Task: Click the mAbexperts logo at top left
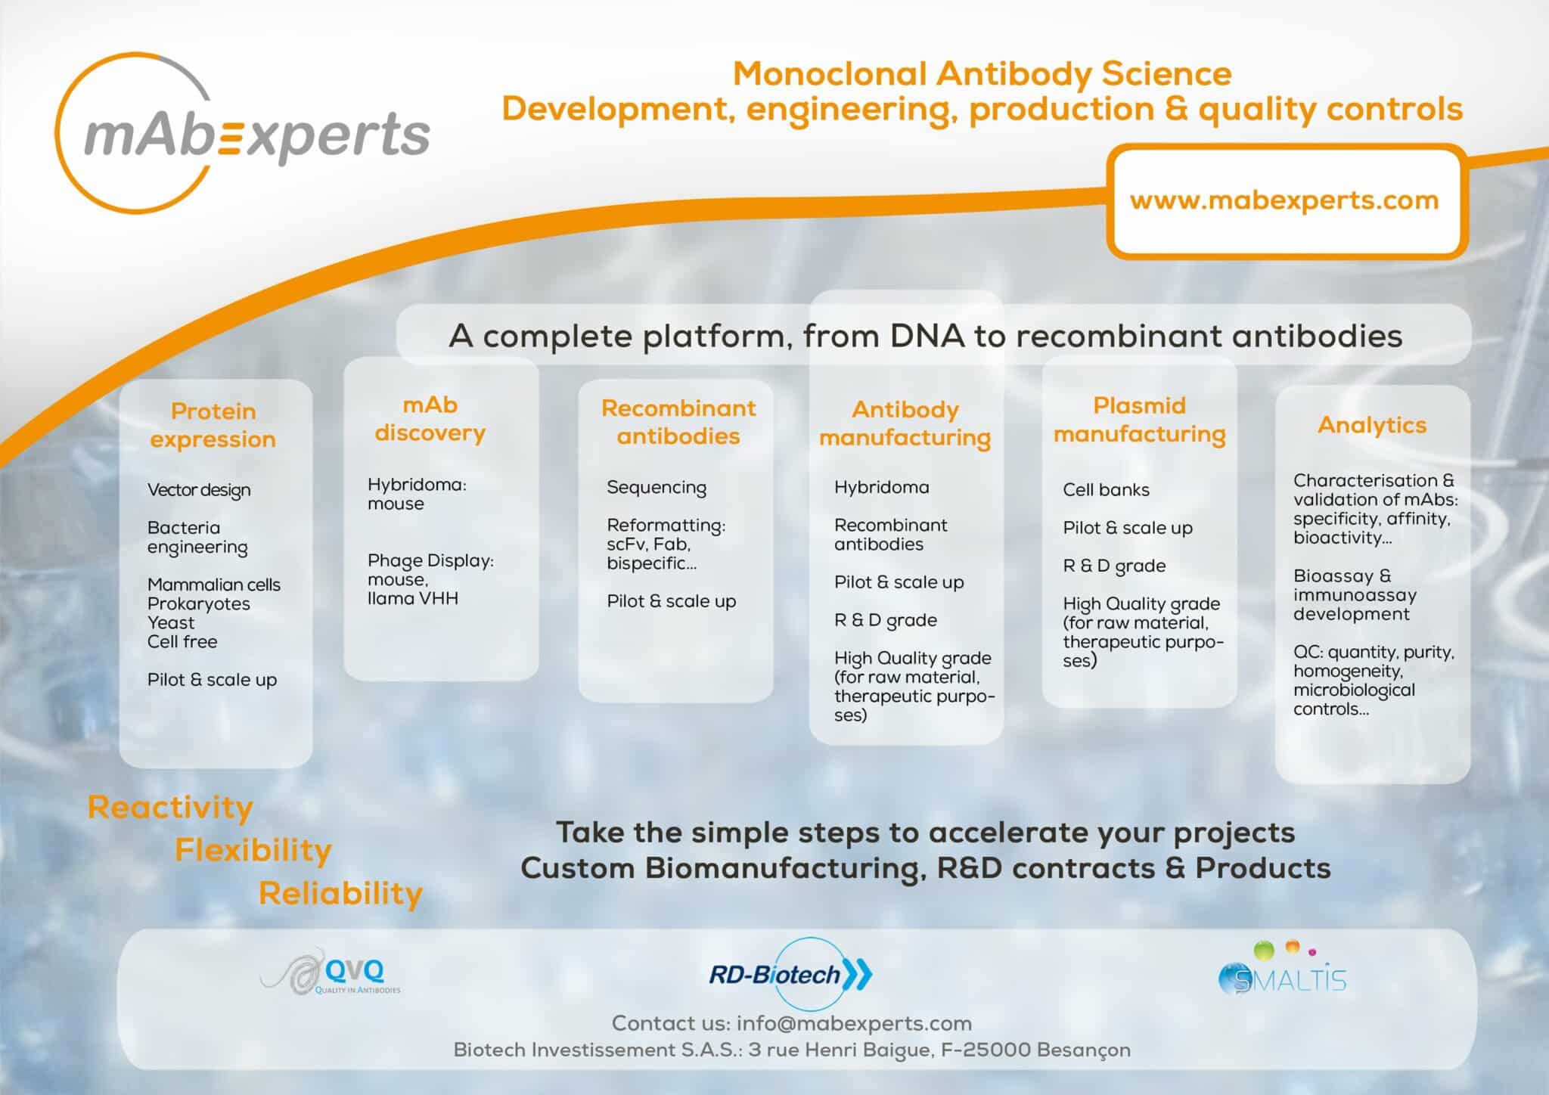tap(242, 133)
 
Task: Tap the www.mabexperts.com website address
tap(1284, 201)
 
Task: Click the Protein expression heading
tap(213, 425)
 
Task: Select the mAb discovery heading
tap(430, 419)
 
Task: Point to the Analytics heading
tap(1372, 426)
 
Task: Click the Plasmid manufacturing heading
tap(1140, 420)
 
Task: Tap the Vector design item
tap(199, 491)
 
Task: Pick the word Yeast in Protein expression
tap(171, 623)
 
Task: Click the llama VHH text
tap(413, 599)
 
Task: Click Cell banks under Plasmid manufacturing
tap(1106, 490)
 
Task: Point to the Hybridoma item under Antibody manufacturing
tap(882, 488)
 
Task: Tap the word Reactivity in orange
tap(170, 808)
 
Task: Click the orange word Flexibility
tap(253, 851)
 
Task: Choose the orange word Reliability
tap(340, 894)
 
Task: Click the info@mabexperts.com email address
tap(854, 1024)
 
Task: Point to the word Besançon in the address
tap(1084, 1051)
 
